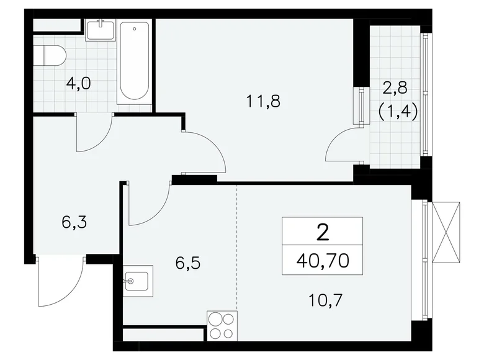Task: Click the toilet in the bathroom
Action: pyautogui.click(x=49, y=55)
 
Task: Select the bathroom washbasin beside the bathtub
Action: pyautogui.click(x=100, y=30)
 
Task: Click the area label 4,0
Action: pyautogui.click(x=78, y=83)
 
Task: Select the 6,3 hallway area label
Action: pyautogui.click(x=74, y=222)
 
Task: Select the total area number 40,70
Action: pyautogui.click(x=322, y=260)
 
